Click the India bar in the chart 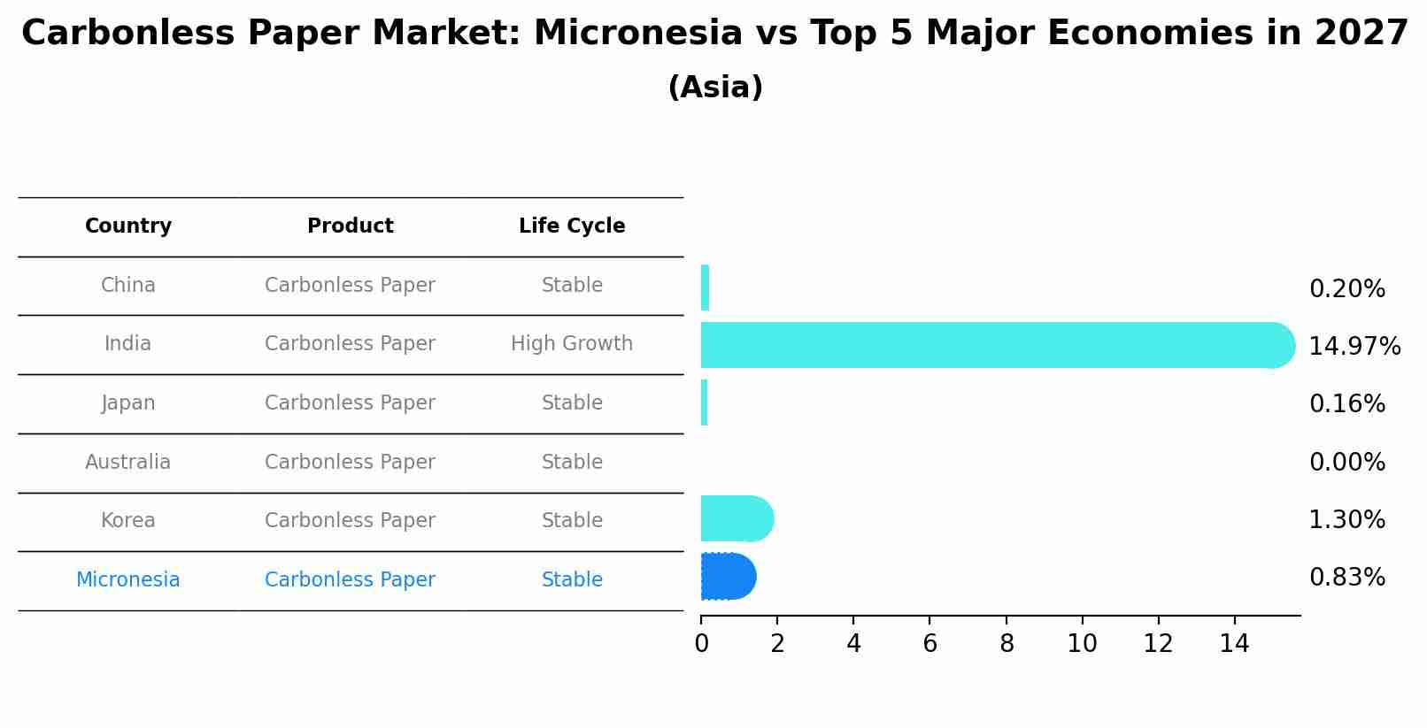991,345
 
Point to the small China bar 705,287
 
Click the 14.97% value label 1354,346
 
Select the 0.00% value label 1346,462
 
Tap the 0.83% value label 1346,578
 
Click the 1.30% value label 1346,519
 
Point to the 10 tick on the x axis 1082,643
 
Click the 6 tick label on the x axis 929,643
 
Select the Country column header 128,226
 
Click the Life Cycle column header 572,226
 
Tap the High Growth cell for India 572,343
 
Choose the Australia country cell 128,462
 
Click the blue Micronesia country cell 128,579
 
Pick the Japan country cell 128,402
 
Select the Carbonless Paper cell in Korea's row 350,520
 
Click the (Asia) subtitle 714,88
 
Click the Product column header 350,226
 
